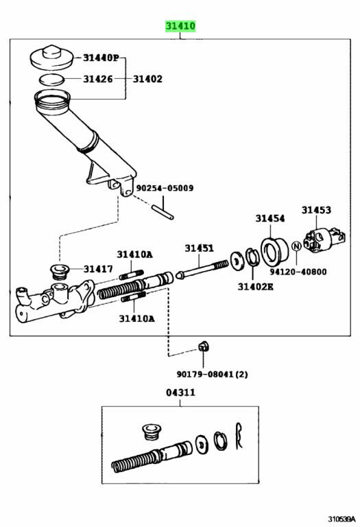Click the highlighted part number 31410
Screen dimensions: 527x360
180,26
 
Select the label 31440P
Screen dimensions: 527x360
100,58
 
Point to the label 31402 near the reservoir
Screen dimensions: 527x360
147,79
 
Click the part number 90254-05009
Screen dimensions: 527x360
164,187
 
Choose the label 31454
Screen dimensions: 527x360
270,218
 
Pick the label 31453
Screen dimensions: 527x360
316,211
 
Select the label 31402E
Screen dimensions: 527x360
256,285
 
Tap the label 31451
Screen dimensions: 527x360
198,248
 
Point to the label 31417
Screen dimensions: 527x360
99,269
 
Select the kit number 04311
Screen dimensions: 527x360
180,393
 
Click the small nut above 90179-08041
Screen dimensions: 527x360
203,345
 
